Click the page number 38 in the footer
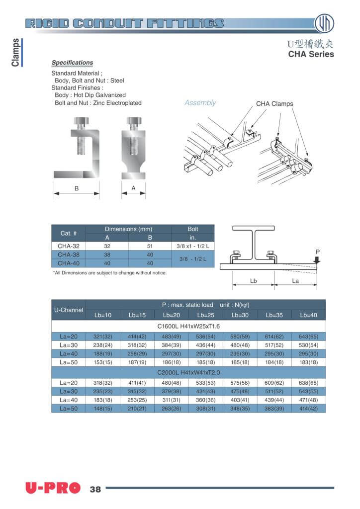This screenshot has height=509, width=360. [x=95, y=489]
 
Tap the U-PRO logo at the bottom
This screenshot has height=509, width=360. [x=53, y=489]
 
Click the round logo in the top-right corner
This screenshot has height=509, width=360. [x=324, y=23]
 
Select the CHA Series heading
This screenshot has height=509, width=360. [x=311, y=54]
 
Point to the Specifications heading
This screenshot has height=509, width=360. [x=72, y=63]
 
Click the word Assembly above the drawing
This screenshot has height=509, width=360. [x=200, y=103]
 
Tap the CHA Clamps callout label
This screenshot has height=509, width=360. [x=274, y=104]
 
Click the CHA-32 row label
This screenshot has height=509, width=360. [x=69, y=246]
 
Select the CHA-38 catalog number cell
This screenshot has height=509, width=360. [x=69, y=254]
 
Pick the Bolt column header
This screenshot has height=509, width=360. [x=193, y=229]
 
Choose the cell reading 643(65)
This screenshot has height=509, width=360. [x=308, y=337]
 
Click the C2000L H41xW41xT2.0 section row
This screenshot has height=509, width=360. [x=188, y=372]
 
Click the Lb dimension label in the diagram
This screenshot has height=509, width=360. [x=253, y=281]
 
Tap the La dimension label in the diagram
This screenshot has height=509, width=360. [x=295, y=281]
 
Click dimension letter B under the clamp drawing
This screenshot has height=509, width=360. [x=77, y=188]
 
